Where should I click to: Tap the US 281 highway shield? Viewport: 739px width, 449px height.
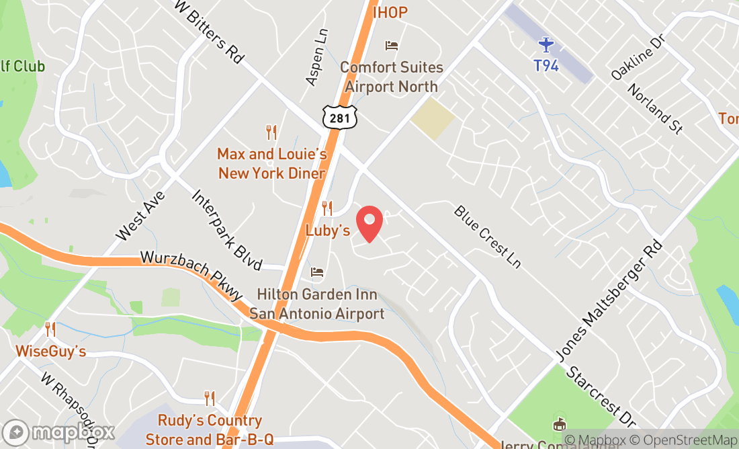click(x=339, y=117)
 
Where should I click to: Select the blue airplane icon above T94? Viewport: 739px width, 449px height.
click(x=546, y=45)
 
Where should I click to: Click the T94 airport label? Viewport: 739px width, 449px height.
click(x=546, y=66)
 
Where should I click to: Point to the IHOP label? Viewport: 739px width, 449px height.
click(x=390, y=11)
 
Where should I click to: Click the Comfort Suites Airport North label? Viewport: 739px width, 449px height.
click(x=392, y=77)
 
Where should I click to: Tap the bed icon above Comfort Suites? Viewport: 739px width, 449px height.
click(x=392, y=46)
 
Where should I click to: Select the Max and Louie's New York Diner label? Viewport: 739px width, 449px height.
click(x=271, y=163)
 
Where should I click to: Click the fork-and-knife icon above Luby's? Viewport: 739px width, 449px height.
click(x=327, y=208)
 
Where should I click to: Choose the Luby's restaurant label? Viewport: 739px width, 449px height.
click(x=328, y=231)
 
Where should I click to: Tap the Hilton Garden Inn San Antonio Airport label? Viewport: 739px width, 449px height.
click(x=317, y=304)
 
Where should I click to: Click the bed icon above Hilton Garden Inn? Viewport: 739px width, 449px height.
click(x=317, y=273)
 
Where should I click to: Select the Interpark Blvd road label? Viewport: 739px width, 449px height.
click(x=226, y=230)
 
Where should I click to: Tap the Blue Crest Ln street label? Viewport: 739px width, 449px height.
click(x=487, y=237)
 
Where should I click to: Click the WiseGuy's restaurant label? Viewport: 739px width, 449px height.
click(x=51, y=352)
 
